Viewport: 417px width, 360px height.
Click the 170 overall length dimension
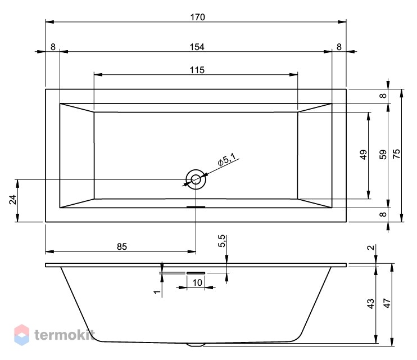pos(198,17)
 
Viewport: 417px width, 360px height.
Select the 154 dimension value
pos(197,47)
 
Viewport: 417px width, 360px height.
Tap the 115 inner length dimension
pos(197,70)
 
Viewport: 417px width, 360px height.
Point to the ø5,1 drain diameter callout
pos(226,160)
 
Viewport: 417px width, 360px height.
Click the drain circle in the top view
pos(196,179)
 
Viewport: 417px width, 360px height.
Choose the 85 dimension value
pos(122,247)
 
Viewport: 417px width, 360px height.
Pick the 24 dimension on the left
pos(13,200)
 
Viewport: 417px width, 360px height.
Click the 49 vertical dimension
pos(363,155)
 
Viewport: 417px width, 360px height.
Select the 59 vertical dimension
pos(383,155)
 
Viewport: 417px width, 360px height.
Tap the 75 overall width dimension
pos(396,154)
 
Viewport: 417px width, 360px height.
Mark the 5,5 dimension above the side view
pos(221,241)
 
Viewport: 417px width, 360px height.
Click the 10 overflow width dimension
pos(197,282)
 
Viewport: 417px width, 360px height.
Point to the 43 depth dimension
pos(370,304)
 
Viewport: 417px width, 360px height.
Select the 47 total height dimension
pos(387,304)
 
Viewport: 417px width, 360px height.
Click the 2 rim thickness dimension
pos(370,247)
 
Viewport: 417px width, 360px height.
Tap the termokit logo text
pos(65,335)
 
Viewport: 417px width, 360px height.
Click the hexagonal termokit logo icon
pos(22,335)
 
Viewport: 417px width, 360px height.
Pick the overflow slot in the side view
pos(196,273)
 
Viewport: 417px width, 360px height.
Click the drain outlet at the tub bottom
pos(196,345)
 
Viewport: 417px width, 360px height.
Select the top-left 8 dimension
pos(53,47)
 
